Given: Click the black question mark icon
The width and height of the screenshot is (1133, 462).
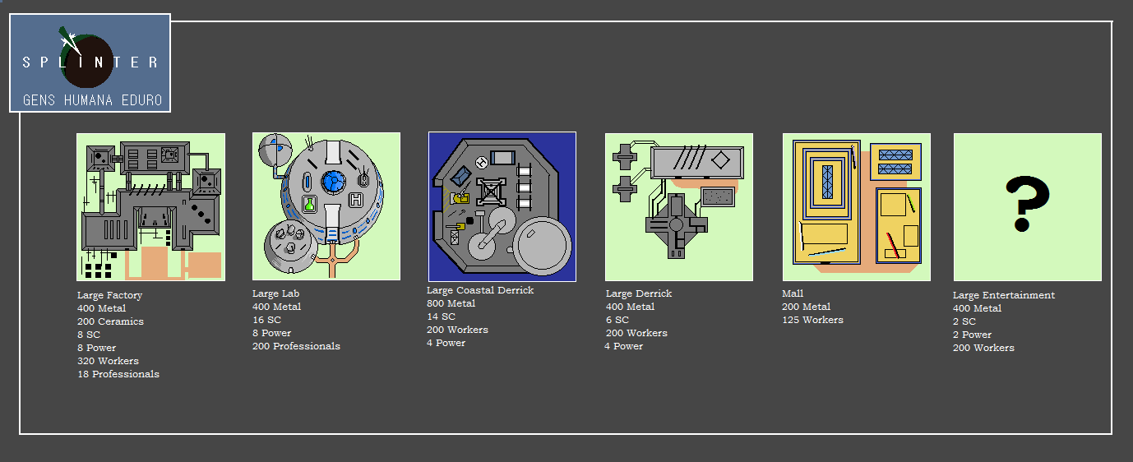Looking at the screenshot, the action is (1027, 204).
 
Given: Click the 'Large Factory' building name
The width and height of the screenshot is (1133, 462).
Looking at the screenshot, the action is (109, 295).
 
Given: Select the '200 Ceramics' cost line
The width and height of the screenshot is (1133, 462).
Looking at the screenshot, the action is (110, 321).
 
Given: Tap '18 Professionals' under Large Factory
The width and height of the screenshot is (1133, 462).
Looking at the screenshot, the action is (118, 374).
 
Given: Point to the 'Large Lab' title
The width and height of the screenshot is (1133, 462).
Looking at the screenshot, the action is (275, 293).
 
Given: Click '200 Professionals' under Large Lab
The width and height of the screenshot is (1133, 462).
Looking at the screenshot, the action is (296, 346).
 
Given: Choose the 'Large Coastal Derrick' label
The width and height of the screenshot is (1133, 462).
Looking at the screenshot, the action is (480, 290).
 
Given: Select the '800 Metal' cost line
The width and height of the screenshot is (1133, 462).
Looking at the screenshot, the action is (451, 303).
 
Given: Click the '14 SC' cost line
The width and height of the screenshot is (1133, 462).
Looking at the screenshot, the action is (441, 316).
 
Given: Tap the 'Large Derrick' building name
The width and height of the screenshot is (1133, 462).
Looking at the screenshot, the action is (639, 293).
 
